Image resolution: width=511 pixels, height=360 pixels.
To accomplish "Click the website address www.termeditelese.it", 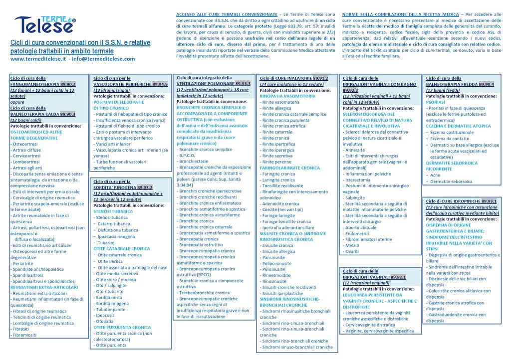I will pos(38,58).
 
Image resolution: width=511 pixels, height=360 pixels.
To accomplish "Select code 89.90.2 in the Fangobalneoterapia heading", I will pos(68,85).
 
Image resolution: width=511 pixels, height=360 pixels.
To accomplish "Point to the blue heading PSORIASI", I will pos(435,101).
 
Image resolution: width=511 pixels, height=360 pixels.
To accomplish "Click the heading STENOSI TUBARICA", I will pos(113,211).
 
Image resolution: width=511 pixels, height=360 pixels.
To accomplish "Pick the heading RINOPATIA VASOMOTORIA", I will pos(288,96).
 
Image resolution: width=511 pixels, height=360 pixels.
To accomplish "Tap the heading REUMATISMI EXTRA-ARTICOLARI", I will pos(44,287).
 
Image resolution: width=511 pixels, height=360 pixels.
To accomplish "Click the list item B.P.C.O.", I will pos(187,156).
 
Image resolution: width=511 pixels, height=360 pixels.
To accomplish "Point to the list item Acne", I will pos(435,175).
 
